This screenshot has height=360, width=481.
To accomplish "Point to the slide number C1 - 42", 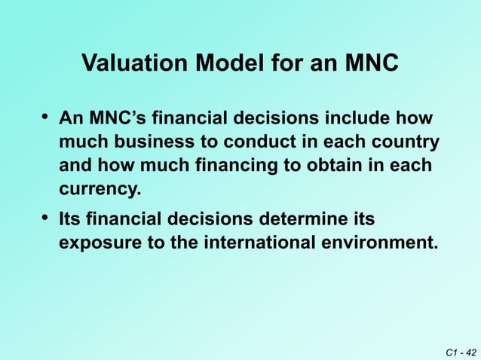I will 459,350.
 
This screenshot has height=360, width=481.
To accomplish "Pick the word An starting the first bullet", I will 71,118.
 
